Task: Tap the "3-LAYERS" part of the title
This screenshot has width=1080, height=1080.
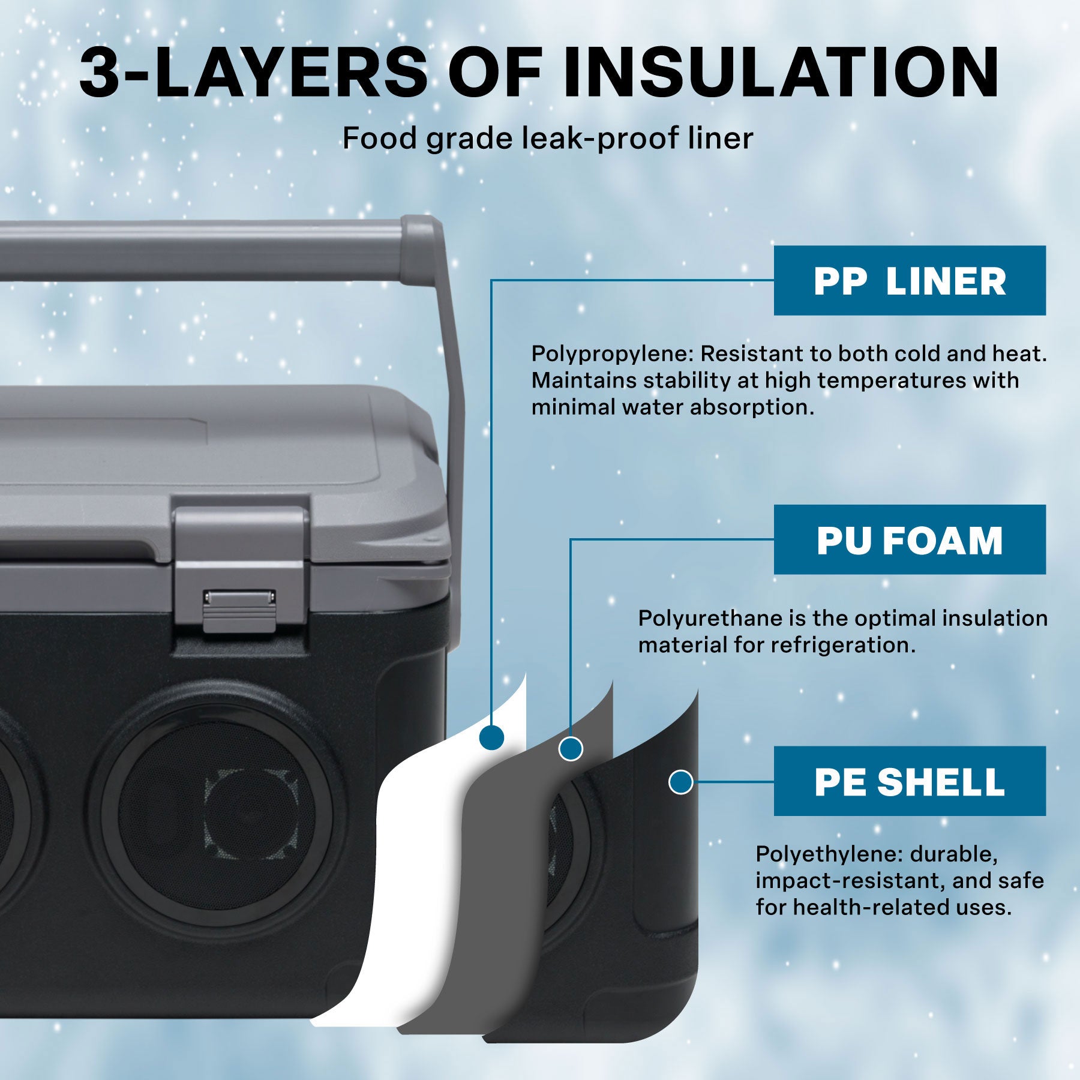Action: [x=252, y=72]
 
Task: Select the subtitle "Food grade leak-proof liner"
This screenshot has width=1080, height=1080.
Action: [x=547, y=139]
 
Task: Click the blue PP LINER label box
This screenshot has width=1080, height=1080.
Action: [x=909, y=281]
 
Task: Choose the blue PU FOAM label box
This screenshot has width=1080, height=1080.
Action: [x=909, y=540]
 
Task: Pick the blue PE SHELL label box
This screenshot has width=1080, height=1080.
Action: [x=909, y=781]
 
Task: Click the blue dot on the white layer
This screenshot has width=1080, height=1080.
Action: [x=492, y=736]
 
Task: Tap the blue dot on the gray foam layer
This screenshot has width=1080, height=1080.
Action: [x=571, y=748]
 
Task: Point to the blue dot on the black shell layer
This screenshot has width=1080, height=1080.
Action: [x=680, y=782]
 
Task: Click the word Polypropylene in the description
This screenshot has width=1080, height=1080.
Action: [x=612, y=354]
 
